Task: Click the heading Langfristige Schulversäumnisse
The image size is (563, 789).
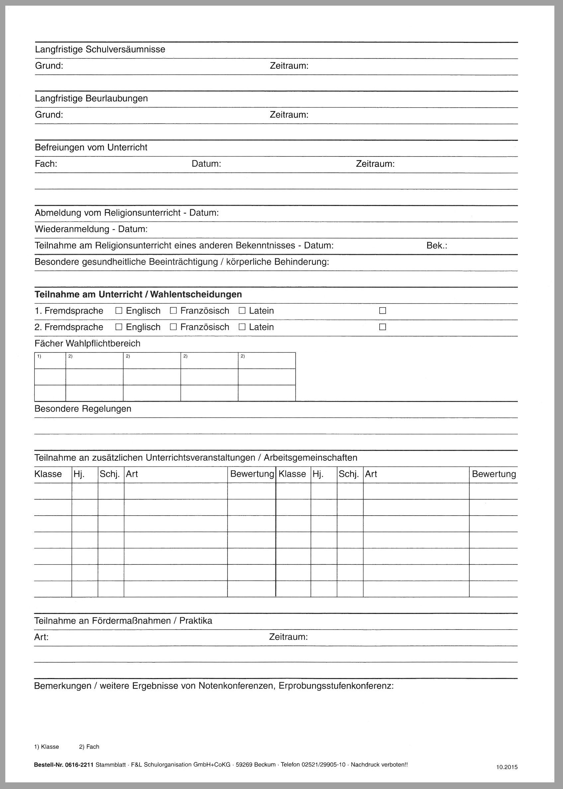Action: tap(100, 49)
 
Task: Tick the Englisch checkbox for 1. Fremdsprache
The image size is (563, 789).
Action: tap(119, 311)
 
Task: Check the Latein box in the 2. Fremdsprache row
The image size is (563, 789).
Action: tap(242, 327)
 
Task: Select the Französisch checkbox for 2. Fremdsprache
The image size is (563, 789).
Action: tap(173, 327)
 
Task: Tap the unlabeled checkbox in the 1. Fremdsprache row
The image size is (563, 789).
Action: tap(382, 311)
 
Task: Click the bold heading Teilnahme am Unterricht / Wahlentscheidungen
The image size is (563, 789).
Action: tap(138, 295)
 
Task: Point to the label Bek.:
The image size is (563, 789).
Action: tap(436, 246)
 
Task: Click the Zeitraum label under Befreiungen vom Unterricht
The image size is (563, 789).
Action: tap(375, 164)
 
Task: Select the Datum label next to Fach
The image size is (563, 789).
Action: tap(206, 164)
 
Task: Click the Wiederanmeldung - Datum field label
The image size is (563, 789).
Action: tap(91, 230)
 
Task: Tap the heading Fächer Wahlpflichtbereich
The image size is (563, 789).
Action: tap(87, 344)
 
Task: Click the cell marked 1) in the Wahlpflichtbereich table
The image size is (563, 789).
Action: tap(50, 360)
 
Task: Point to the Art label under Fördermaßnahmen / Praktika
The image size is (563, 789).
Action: tap(41, 637)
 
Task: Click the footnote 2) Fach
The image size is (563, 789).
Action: tap(89, 747)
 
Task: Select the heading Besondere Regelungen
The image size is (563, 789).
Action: tap(83, 409)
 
